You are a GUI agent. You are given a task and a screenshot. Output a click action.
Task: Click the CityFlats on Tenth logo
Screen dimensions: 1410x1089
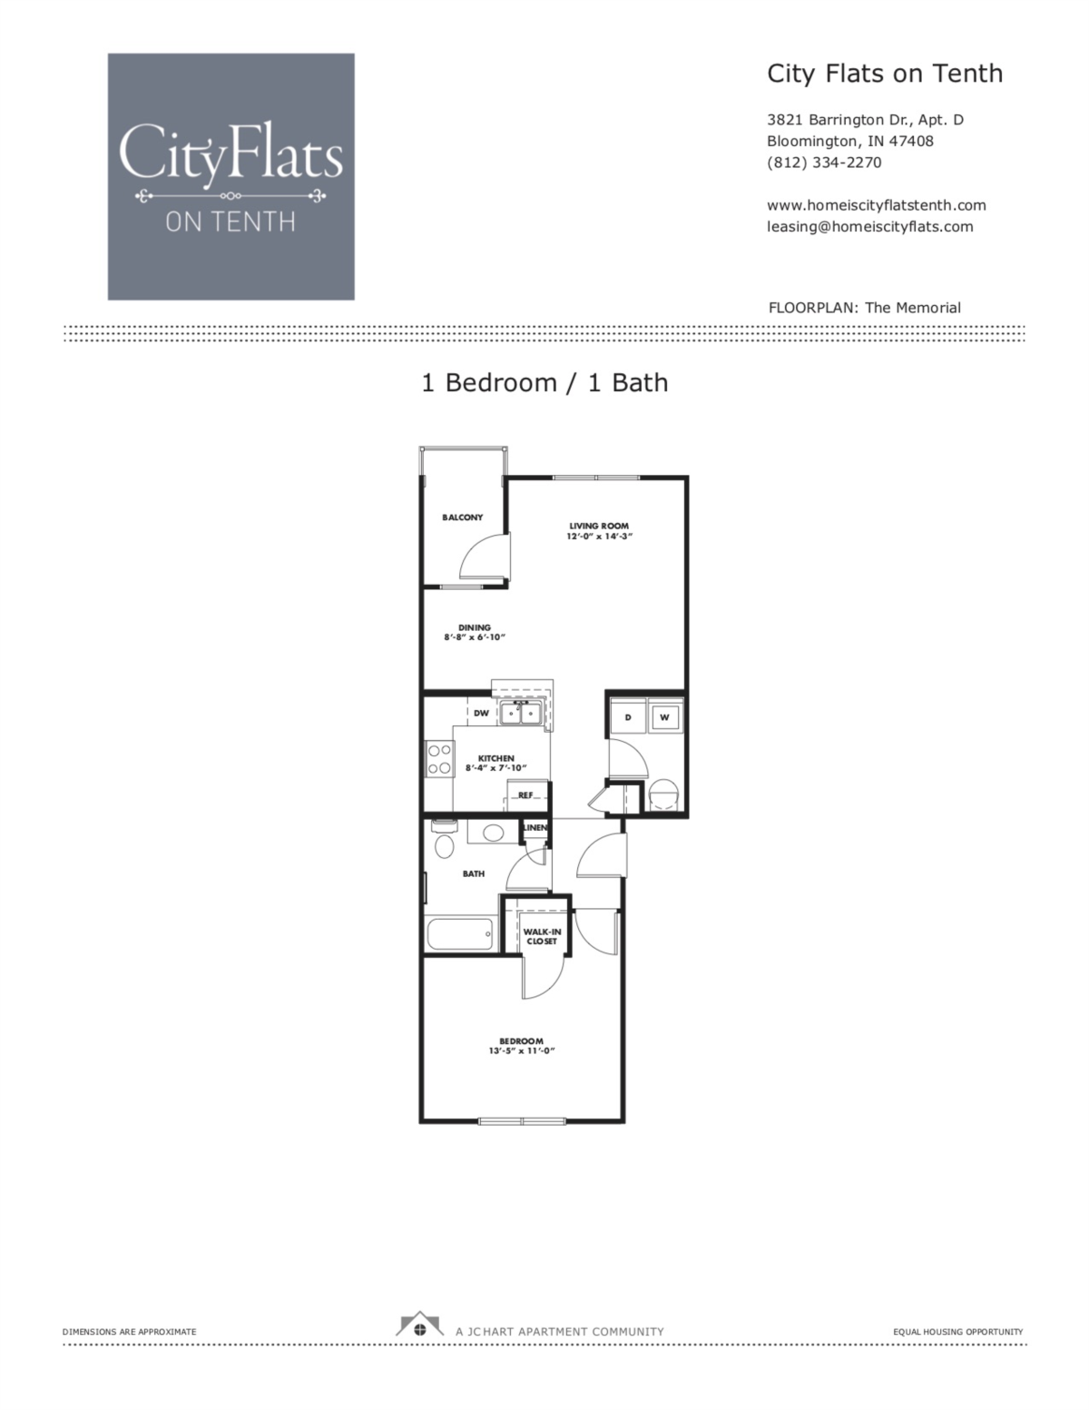point(231,176)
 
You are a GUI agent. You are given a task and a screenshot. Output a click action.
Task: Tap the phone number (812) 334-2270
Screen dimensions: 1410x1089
point(823,163)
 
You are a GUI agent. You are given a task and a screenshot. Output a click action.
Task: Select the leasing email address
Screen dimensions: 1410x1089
point(869,227)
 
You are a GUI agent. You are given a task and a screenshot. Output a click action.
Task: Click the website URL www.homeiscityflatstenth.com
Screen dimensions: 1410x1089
point(876,205)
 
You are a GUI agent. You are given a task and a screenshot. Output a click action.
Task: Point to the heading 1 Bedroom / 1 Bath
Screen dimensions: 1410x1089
point(544,383)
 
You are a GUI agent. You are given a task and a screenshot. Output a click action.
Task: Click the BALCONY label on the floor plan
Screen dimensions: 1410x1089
point(462,518)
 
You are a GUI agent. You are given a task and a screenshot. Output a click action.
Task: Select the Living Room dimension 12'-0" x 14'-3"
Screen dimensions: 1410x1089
point(599,537)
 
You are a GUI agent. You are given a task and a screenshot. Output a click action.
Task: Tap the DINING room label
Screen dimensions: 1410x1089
point(474,627)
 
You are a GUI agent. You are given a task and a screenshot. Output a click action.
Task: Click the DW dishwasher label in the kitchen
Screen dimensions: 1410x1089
point(481,713)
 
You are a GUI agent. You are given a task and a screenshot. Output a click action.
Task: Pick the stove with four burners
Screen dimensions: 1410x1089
point(439,759)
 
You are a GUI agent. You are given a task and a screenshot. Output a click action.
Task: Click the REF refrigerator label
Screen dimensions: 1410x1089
point(525,795)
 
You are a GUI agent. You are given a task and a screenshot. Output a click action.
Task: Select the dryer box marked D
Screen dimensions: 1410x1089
point(627,717)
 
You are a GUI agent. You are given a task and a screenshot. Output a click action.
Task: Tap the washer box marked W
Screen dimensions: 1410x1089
point(664,717)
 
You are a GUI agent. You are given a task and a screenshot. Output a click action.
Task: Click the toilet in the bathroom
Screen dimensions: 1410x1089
point(444,844)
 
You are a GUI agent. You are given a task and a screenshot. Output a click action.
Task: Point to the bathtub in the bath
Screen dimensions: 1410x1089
point(459,932)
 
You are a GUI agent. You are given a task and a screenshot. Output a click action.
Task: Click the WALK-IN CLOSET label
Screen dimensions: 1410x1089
point(542,937)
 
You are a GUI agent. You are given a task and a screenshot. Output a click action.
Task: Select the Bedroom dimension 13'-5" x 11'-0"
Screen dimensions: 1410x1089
point(521,1050)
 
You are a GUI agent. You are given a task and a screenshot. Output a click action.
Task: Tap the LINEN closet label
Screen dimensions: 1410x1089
point(535,828)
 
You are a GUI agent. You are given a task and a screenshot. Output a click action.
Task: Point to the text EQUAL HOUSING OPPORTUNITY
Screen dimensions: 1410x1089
point(957,1332)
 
